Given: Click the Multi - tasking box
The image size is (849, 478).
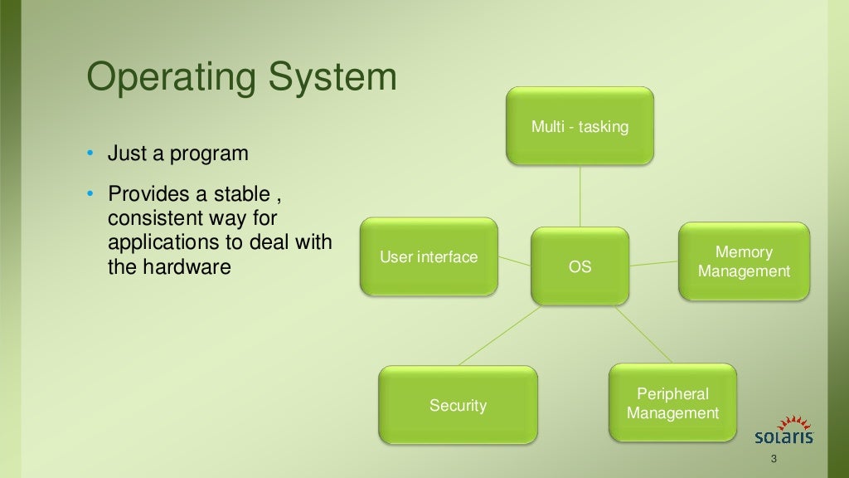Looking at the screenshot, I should tap(580, 126).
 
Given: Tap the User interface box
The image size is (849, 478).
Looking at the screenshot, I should tap(429, 256).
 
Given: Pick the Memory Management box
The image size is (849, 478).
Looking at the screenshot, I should tap(744, 261).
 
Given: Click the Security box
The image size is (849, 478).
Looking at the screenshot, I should tap(458, 405).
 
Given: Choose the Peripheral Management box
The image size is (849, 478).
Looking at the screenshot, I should tap(672, 402).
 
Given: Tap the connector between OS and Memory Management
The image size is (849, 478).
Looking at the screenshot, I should tap(653, 263).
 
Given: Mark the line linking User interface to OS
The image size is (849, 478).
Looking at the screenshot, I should tap(514, 261).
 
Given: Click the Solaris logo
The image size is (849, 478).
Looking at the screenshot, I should tap(783, 431).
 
